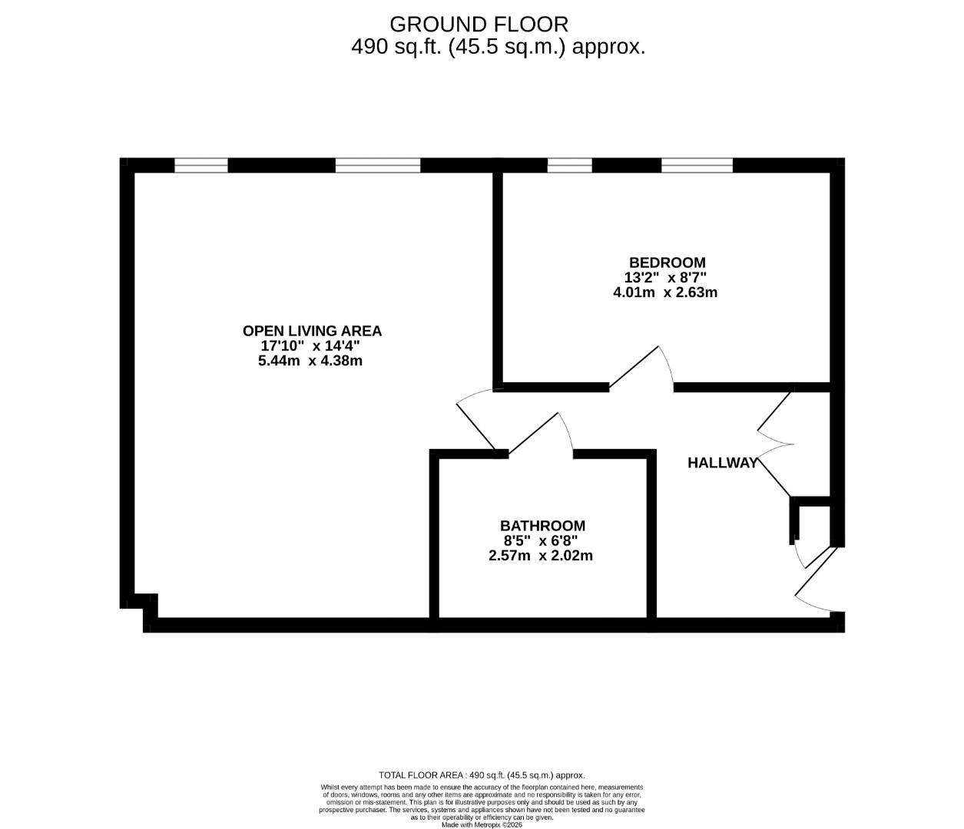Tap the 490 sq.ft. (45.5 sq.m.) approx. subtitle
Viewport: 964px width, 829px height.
[x=498, y=47]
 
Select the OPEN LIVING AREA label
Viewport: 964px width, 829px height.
[x=312, y=331]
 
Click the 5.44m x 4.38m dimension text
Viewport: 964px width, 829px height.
[x=310, y=360]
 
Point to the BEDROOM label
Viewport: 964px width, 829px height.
[x=666, y=263]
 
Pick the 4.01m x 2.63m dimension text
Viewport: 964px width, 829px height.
[x=664, y=292]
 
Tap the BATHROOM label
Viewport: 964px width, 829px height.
[x=542, y=526]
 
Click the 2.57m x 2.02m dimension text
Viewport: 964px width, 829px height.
[x=540, y=555]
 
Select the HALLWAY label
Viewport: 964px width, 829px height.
[x=722, y=463]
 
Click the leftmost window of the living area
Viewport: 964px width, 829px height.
[x=201, y=165]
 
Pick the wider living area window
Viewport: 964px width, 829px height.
[x=378, y=165]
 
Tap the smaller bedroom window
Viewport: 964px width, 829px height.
[x=569, y=165]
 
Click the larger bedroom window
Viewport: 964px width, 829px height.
[x=697, y=165]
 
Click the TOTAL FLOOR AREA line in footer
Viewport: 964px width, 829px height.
[x=482, y=775]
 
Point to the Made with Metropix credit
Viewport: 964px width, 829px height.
[x=482, y=825]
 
